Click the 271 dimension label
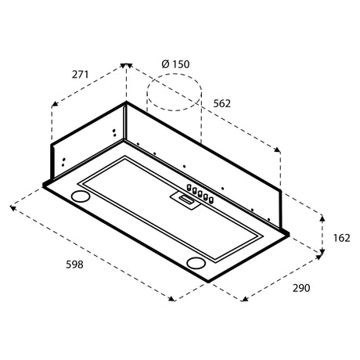click(81, 75)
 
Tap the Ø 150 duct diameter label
click(175, 64)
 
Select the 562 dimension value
click(222, 104)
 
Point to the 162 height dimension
click(341, 238)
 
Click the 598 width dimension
click(74, 265)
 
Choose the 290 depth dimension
click(301, 288)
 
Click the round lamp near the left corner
click(81, 196)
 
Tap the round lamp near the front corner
click(196, 263)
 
